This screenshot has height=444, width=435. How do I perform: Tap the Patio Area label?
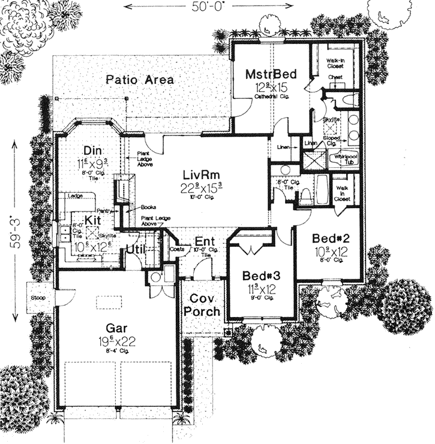pyautogui.click(x=140, y=79)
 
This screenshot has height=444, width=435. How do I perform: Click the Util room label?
pyautogui.click(x=137, y=246)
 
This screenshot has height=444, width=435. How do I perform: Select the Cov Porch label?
pyautogui.click(x=201, y=305)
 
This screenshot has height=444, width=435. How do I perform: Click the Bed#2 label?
pyautogui.click(x=327, y=238)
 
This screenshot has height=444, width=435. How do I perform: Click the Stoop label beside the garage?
pyautogui.click(x=37, y=298)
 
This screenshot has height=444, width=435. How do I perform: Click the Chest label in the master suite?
pyautogui.click(x=335, y=77)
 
